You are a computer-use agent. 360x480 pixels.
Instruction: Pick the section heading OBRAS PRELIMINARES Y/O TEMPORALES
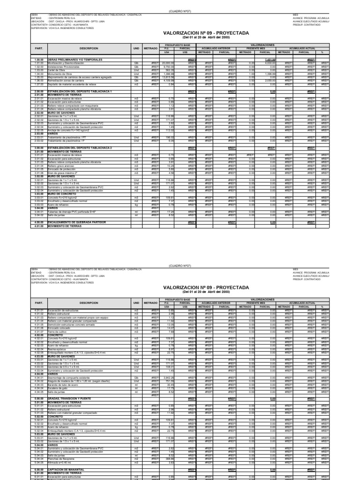[70, 60]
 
